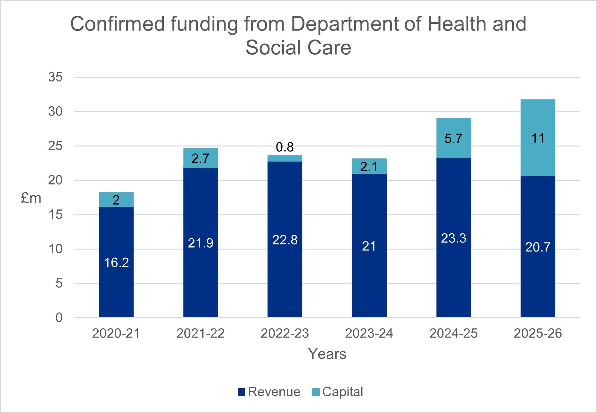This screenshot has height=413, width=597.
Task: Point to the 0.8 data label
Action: [285, 147]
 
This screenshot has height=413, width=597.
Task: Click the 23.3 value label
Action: [453, 238]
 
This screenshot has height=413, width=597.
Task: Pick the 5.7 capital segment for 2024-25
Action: [453, 138]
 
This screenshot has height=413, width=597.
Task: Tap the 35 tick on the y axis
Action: [55, 77]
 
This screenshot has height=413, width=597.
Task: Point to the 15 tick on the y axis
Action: [55, 215]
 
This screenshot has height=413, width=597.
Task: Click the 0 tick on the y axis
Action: [59, 318]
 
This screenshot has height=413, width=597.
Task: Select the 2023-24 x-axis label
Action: [369, 333]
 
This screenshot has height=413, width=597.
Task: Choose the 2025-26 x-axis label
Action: [538, 333]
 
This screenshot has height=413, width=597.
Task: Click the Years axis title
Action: [327, 354]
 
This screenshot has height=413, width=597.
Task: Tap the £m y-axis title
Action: [31, 198]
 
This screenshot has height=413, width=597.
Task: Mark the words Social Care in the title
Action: [298, 48]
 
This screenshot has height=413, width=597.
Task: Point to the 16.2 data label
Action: [116, 263]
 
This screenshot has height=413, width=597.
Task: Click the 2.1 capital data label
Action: [369, 166]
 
